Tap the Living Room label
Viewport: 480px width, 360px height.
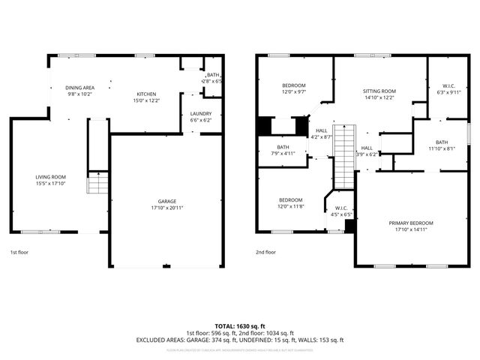coord(50,177)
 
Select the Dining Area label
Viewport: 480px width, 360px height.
coord(79,88)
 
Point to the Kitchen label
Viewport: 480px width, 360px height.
coord(145,94)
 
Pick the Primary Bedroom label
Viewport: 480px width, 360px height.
coord(410,223)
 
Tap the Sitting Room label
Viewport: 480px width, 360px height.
coord(379,91)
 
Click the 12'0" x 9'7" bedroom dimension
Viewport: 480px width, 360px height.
coord(294,92)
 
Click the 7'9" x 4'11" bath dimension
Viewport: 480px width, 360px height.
coord(283,153)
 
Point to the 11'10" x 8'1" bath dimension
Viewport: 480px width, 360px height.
coord(442,148)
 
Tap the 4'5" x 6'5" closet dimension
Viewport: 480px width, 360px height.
coord(341,214)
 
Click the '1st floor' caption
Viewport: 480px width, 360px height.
coord(20,253)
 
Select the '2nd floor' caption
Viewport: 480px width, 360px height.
coord(265,253)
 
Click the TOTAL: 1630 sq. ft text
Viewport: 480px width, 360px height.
coord(240,326)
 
